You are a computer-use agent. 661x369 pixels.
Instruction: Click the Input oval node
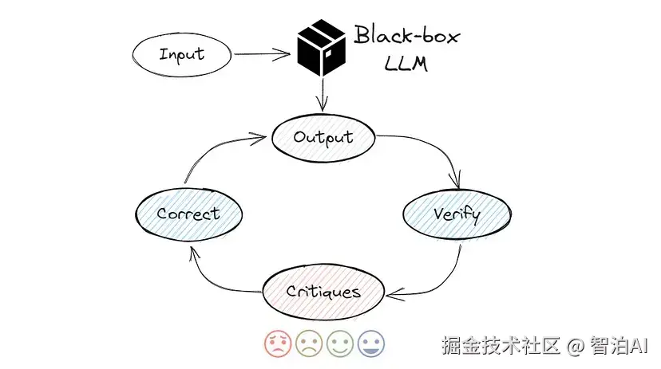(181, 54)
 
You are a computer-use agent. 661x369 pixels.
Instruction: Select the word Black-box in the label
(407, 36)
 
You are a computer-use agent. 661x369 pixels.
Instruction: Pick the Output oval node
(323, 137)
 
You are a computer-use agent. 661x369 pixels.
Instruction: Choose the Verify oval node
(456, 214)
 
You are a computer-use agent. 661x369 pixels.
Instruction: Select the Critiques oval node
(323, 292)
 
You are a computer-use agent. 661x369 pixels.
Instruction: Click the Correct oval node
(188, 214)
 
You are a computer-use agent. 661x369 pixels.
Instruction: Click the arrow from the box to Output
(322, 97)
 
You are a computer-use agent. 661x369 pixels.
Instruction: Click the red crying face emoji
(277, 344)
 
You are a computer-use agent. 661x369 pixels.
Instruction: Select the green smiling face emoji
(339, 344)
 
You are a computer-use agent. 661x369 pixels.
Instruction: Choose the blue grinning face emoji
(370, 344)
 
